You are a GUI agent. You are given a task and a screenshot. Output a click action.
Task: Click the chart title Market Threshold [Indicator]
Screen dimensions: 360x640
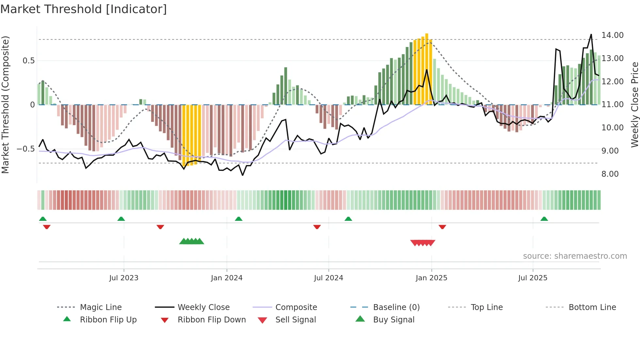(x=84, y=9)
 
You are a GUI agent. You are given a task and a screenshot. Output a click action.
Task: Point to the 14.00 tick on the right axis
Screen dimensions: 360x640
(x=612, y=35)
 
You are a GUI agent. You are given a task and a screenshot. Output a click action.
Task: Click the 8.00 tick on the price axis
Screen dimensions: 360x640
(x=610, y=174)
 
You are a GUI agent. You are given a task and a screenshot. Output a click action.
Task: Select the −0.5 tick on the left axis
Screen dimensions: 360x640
(x=26, y=149)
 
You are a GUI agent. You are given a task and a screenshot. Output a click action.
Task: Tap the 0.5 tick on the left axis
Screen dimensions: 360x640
(x=28, y=61)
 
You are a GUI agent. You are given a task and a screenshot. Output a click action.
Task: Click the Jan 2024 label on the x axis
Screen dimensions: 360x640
(x=227, y=278)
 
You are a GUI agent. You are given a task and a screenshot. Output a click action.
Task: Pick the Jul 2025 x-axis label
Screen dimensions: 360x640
(x=533, y=278)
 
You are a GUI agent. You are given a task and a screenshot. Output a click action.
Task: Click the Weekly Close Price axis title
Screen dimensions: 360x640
(x=634, y=105)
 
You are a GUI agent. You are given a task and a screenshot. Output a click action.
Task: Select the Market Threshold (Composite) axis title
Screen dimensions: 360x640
(x=5, y=105)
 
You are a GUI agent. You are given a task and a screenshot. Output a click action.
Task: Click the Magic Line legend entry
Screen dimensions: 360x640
(x=101, y=307)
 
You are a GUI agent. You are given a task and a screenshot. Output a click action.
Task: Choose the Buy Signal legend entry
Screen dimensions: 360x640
(x=393, y=320)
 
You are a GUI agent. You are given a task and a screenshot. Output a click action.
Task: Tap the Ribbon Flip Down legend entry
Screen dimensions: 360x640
(x=211, y=320)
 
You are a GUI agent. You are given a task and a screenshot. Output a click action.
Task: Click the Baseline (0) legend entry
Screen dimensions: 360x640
(x=396, y=307)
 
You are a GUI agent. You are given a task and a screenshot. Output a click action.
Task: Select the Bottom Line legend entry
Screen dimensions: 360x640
(x=592, y=307)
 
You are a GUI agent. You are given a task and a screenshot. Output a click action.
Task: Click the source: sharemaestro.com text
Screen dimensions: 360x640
(x=575, y=256)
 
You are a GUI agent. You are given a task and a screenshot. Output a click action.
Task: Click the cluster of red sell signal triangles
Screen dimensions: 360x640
(x=423, y=243)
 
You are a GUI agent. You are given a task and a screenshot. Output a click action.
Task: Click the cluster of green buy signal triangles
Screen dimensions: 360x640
(x=192, y=241)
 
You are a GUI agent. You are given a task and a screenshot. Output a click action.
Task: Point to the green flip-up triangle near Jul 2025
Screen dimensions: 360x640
(x=544, y=219)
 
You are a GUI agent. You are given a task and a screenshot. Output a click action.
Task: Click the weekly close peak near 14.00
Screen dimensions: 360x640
(x=591, y=35)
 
